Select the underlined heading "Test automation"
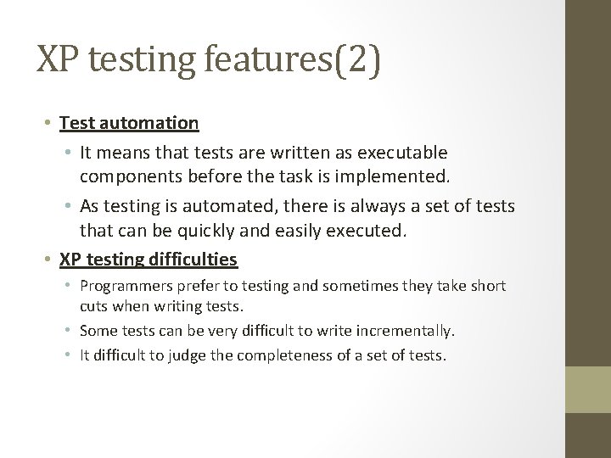[129, 123]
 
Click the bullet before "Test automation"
[51, 123]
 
